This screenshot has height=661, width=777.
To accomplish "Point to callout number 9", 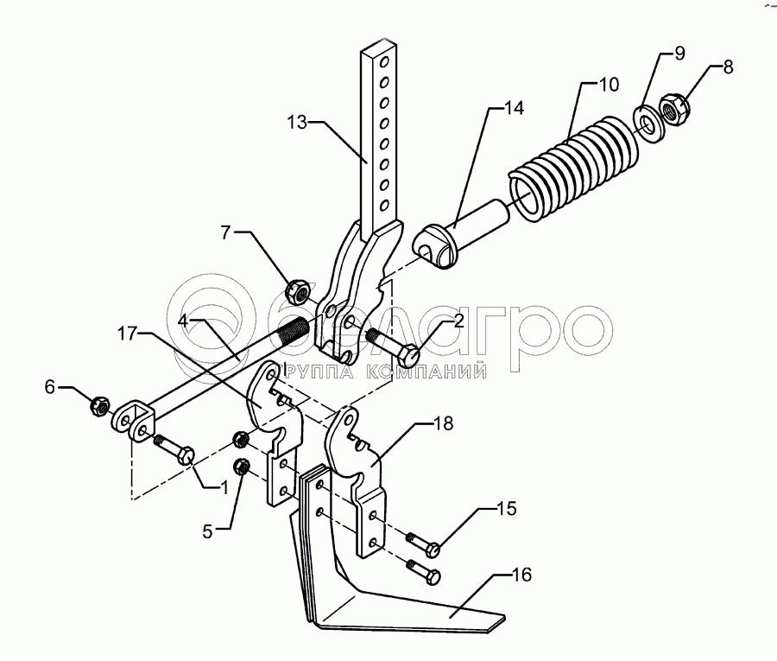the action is coord(679,54).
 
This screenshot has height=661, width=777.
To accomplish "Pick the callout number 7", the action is coord(225,233).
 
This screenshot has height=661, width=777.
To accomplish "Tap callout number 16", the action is coord(521,575).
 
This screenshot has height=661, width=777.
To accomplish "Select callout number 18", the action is coord(443,425).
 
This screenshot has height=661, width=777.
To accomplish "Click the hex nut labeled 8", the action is coord(675,109).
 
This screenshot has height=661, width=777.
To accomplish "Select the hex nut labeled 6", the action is coord(98,404).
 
